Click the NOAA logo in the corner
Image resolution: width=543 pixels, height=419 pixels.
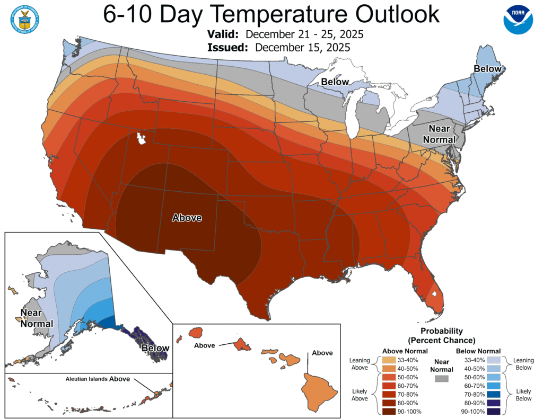coord(517,21)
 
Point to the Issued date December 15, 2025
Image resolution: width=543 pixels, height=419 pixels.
coord(302,47)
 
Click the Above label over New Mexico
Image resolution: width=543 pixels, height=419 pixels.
coord(187,217)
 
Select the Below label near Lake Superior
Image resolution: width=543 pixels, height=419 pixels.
coord(335,82)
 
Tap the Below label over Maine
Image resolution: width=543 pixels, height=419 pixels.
coord(487,69)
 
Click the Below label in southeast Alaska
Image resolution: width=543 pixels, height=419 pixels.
coord(155,348)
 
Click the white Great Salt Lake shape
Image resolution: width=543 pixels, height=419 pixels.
coord(142,139)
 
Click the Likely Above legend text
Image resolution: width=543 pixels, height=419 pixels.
coord(360,395)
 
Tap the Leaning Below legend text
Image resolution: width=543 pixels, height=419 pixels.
coord(523,364)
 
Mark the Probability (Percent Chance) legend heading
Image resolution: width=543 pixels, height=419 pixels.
coord(441,335)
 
